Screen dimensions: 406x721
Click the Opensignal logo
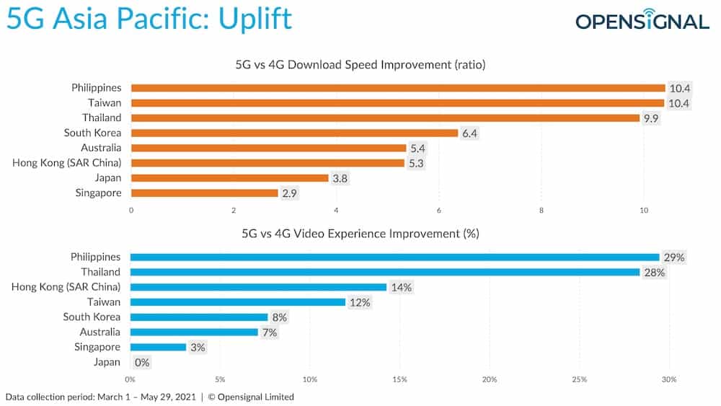pos(642,20)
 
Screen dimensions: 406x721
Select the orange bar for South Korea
pos(294,133)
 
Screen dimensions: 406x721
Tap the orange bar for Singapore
pos(204,193)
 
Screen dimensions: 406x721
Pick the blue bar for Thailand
pos(385,272)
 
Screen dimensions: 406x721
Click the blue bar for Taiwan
pos(238,302)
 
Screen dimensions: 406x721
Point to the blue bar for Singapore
pos(158,348)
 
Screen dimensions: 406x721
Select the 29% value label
pos(675,257)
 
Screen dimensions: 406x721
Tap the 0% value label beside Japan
pos(142,363)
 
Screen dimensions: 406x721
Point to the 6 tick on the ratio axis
pos(439,211)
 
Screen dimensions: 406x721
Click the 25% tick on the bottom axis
pos(579,379)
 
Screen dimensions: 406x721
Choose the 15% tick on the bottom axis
pos(400,379)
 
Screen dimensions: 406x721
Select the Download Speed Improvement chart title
pos(360,65)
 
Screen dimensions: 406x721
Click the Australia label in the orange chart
pos(101,148)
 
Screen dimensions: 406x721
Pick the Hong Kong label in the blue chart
pos(66,287)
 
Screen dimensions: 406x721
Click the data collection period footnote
pos(150,397)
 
